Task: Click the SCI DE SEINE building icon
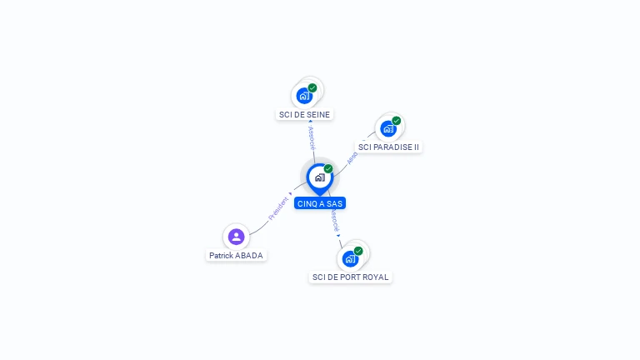coord(304,96)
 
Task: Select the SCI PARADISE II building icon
coord(387,128)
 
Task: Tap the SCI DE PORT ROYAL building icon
coord(350,258)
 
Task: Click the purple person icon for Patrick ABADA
coord(236,237)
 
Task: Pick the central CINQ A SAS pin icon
coord(319,177)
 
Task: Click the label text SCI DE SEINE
coord(304,115)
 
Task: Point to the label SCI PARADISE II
coord(388,147)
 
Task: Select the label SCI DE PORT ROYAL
coord(350,277)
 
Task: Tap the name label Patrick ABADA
coord(237,256)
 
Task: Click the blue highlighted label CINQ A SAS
coord(319,203)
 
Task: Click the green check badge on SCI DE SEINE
coord(312,87)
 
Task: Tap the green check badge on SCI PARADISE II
coord(396,120)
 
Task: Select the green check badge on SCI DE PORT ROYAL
coord(358,251)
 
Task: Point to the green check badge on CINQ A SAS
coord(328,168)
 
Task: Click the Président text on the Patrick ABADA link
coord(278,208)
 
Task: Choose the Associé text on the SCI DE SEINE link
coord(312,137)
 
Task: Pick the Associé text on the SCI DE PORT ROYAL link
coord(334,220)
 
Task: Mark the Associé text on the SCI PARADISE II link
coord(352,157)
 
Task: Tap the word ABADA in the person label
coord(249,256)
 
